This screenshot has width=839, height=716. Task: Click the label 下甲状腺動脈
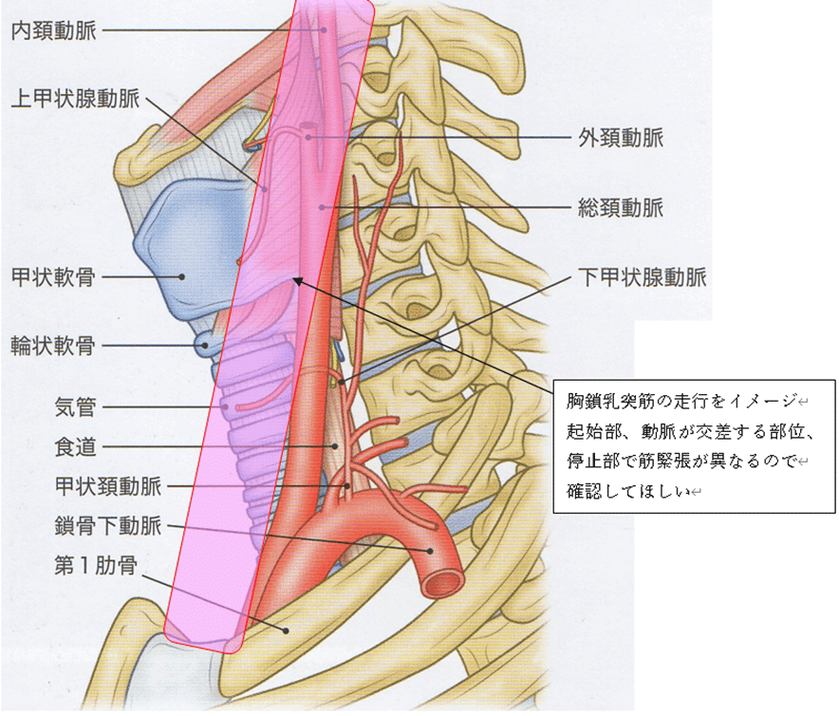pos(643,278)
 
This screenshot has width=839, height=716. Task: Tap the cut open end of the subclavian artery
pos(442,577)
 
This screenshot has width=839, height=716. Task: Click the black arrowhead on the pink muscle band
pos(297,279)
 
